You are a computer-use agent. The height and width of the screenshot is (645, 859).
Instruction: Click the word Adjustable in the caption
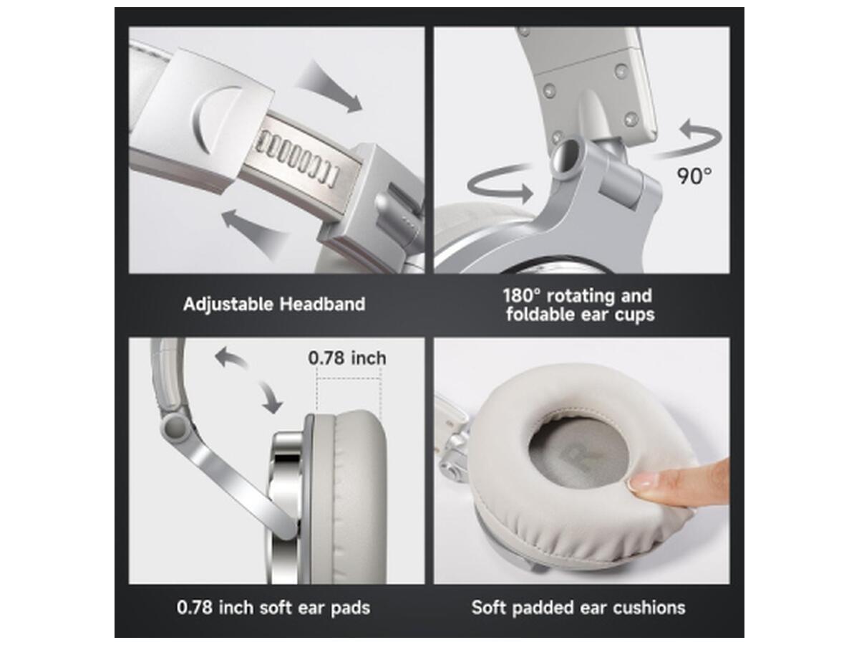[x=228, y=305]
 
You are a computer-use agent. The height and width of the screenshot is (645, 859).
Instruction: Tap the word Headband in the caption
[x=322, y=304]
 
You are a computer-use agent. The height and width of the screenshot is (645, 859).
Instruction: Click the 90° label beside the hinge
[x=694, y=176]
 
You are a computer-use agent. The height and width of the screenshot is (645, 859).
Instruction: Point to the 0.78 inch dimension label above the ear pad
[x=347, y=358]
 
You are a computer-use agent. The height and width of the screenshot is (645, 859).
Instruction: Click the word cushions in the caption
[x=649, y=608]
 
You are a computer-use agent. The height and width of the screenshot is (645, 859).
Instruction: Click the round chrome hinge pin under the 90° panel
[x=566, y=156]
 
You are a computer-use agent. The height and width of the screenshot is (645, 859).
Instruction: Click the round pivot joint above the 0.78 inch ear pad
[x=175, y=427]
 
